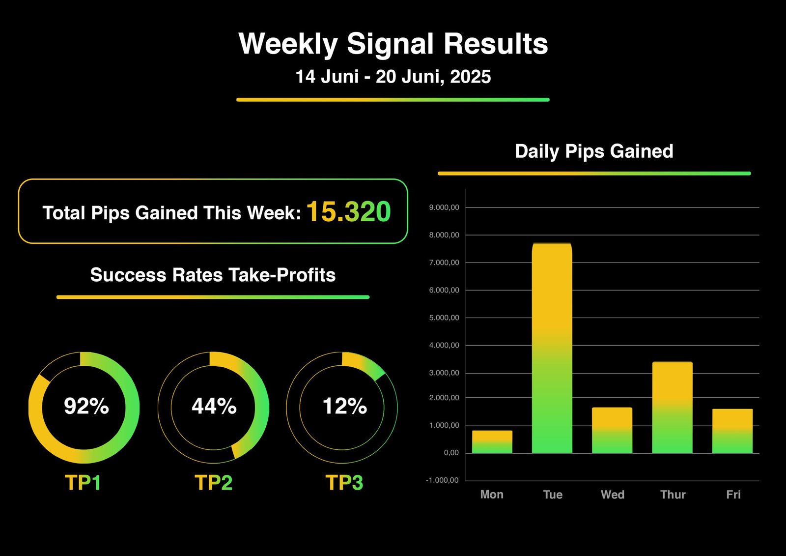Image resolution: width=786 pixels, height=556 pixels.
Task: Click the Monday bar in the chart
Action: click(x=492, y=442)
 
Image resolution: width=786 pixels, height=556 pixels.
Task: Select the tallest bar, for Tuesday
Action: click(x=552, y=348)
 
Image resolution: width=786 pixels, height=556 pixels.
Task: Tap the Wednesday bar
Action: click(x=612, y=430)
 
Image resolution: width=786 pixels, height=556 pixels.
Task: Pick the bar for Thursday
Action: click(x=673, y=408)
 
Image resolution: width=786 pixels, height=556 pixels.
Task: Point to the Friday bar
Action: click(x=732, y=431)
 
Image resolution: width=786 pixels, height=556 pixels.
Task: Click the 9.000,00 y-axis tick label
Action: click(x=444, y=207)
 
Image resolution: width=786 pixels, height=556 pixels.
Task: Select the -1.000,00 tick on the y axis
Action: click(x=442, y=480)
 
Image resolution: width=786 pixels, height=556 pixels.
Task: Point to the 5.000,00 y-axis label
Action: click(x=444, y=318)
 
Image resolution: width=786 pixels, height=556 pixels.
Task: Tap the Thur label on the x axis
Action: click(x=673, y=495)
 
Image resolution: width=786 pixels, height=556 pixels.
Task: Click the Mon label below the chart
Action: click(x=492, y=495)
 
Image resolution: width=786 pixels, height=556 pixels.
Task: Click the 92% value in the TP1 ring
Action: click(x=86, y=406)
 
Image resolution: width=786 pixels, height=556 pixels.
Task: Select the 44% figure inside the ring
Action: click(x=214, y=406)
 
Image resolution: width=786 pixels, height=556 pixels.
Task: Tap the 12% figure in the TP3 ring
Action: click(x=345, y=406)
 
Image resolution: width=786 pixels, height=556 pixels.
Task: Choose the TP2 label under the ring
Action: click(x=213, y=483)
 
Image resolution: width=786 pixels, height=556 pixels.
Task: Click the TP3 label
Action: click(x=344, y=483)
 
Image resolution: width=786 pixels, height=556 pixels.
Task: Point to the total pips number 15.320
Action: click(x=349, y=212)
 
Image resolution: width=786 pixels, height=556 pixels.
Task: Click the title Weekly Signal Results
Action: click(x=393, y=44)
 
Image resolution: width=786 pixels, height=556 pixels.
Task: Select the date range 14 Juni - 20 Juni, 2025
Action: click(x=393, y=77)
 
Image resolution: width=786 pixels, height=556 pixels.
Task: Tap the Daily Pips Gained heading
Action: click(x=594, y=151)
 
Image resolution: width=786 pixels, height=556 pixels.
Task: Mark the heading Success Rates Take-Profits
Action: click(x=213, y=275)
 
